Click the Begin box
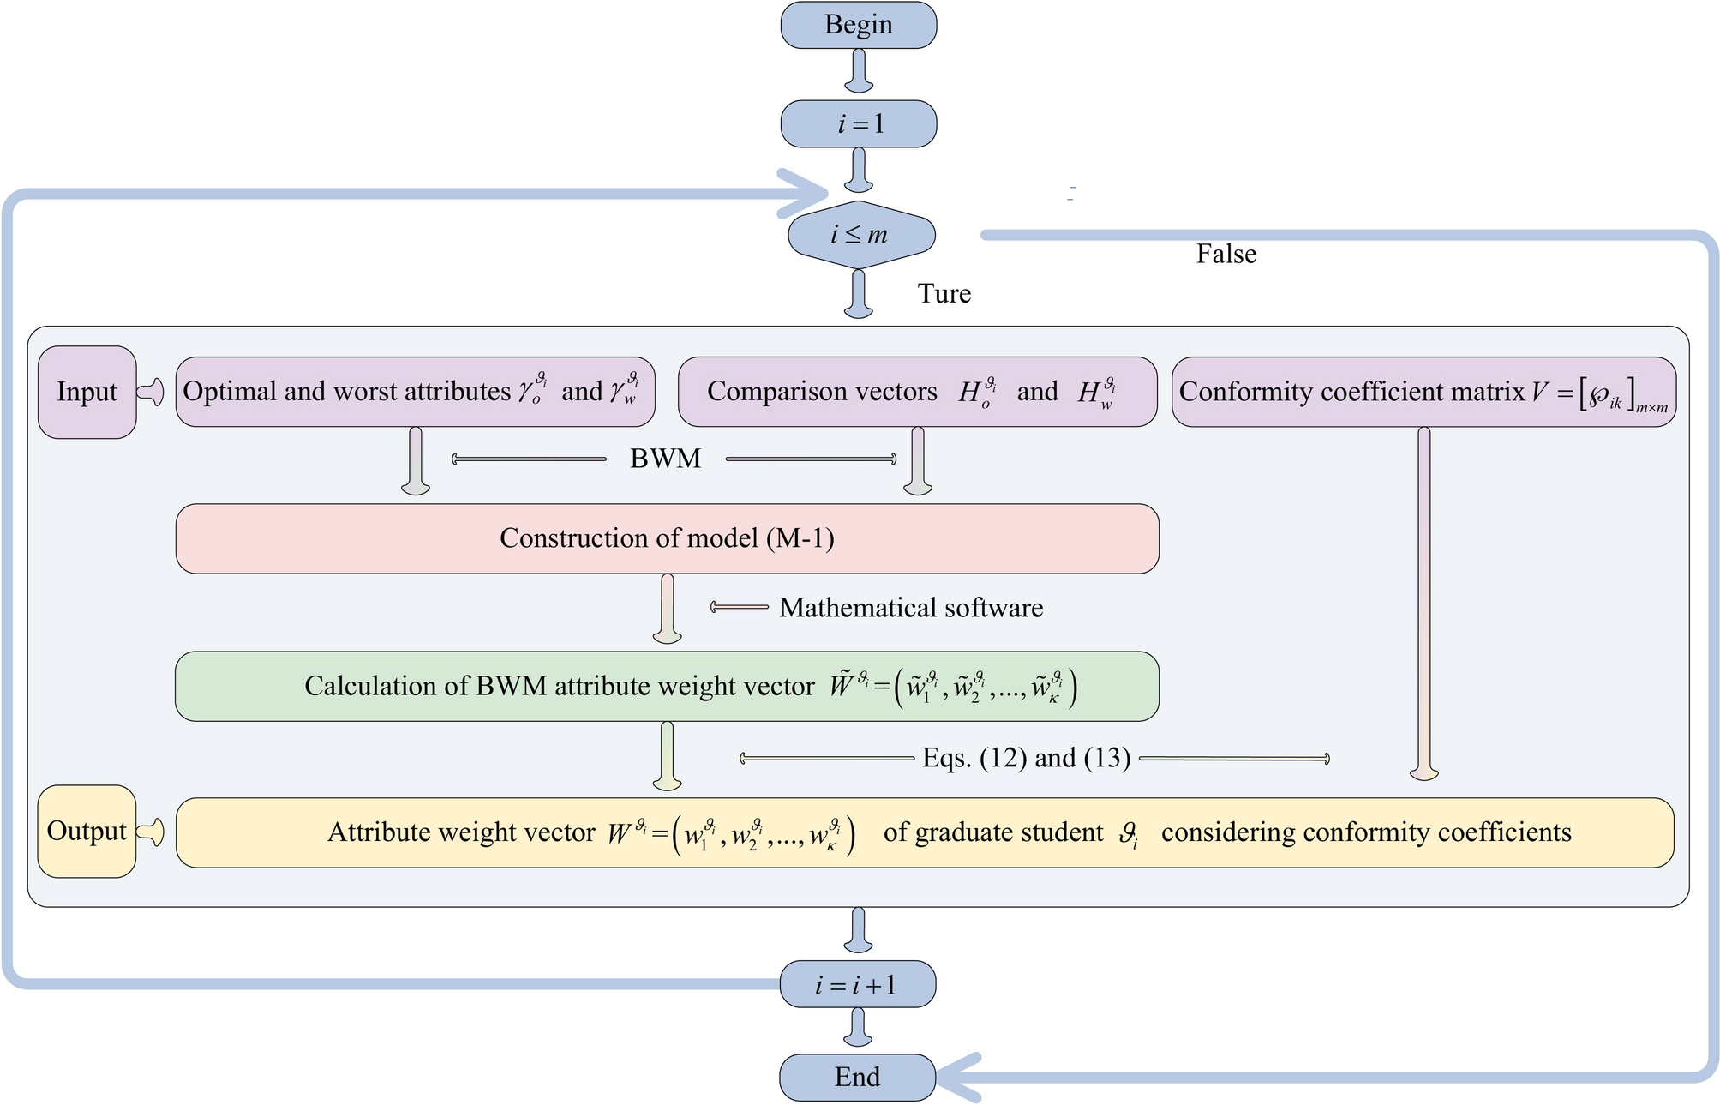click(x=858, y=25)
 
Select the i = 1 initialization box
click(x=858, y=124)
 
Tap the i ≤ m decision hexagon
click(x=860, y=234)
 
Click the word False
click(x=1226, y=254)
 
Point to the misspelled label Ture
click(x=944, y=293)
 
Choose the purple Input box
click(x=87, y=392)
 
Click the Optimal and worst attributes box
click(x=415, y=392)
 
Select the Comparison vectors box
click(x=917, y=392)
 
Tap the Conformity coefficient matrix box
click(x=1423, y=392)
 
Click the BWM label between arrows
click(x=665, y=459)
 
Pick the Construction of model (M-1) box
click(x=667, y=538)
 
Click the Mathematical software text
click(x=910, y=608)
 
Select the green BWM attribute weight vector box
click(x=667, y=686)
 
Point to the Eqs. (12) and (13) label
click(x=1026, y=758)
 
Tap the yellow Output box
click(x=87, y=831)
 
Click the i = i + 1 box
click(x=857, y=984)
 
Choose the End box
click(x=857, y=1078)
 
